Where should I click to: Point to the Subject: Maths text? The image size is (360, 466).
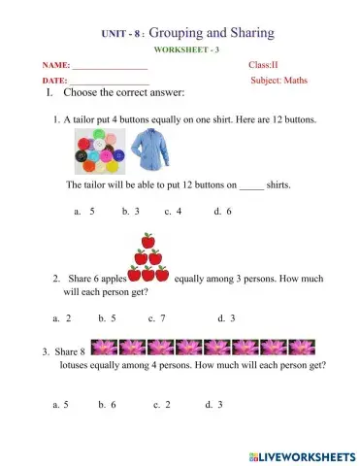(278, 81)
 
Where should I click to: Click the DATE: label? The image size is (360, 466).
(55, 81)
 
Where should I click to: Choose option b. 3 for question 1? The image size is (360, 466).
(131, 210)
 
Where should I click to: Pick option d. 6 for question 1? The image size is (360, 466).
(222, 210)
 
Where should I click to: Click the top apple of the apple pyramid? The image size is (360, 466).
(148, 240)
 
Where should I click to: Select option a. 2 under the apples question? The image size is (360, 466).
(62, 317)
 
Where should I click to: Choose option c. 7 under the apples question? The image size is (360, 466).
(156, 317)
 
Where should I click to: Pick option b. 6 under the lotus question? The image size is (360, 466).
(107, 404)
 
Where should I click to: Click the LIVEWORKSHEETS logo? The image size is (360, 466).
(295, 454)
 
